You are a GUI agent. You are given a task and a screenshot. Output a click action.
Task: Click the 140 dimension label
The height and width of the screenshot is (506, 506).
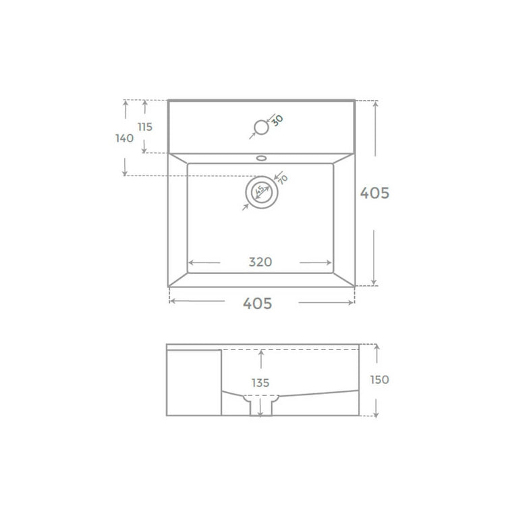pos(125,138)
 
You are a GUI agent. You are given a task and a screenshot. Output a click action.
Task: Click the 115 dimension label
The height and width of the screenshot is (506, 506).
pos(145,127)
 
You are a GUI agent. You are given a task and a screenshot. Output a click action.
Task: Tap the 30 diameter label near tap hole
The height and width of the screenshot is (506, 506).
pos(277,120)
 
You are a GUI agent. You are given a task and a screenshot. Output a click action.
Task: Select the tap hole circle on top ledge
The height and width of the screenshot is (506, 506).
pos(261,127)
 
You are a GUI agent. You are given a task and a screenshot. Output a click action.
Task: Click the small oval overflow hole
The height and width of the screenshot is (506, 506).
pos(261,158)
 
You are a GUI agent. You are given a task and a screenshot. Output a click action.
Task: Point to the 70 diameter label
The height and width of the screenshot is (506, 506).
pos(283,179)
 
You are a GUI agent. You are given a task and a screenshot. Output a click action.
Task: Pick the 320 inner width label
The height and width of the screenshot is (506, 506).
pos(260,262)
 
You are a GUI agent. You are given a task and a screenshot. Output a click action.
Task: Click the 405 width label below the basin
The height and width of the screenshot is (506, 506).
pos(258,304)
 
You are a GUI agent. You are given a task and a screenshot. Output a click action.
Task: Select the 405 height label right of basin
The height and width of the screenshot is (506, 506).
pos(374,193)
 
